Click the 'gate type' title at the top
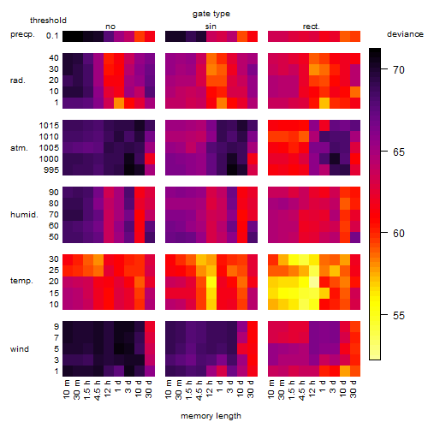point(211,14)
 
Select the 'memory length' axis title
point(211,416)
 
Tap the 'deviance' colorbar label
point(405,34)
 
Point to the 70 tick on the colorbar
point(384,69)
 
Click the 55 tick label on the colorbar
point(399,315)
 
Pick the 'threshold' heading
point(48,21)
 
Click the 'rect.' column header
point(312,27)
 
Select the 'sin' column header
point(211,27)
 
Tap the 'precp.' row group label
point(22,34)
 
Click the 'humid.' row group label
point(24,214)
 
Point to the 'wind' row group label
point(20,349)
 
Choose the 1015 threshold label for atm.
point(49,126)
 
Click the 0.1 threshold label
point(52,36)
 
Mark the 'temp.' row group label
point(21,281)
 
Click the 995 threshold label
point(51,170)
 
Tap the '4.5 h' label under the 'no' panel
point(97,390)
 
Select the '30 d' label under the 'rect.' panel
point(354,389)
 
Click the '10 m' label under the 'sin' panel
point(169,389)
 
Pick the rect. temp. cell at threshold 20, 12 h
point(314,282)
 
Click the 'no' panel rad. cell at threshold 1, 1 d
point(119,103)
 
